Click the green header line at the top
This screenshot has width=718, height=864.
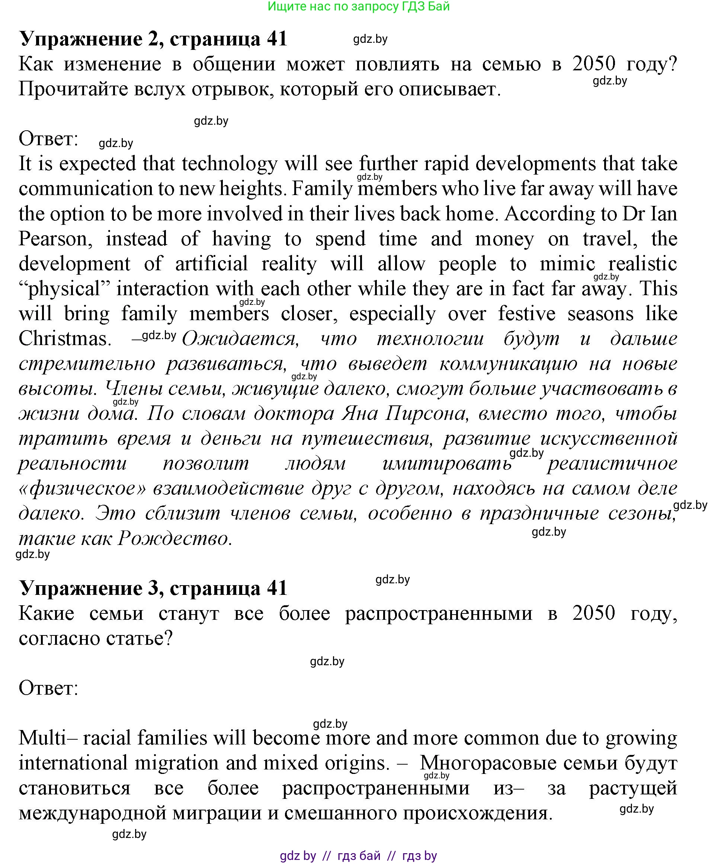[x=358, y=7]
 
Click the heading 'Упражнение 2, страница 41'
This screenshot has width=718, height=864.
[x=153, y=39]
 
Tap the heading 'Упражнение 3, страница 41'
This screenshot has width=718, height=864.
[x=153, y=588]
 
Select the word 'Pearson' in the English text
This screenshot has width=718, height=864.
[x=55, y=239]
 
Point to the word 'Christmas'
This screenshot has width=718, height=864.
[x=65, y=339]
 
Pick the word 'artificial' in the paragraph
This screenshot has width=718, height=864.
[x=211, y=264]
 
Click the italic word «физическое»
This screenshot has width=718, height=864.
[x=83, y=489]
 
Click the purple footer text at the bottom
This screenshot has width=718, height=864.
[x=358, y=856]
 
